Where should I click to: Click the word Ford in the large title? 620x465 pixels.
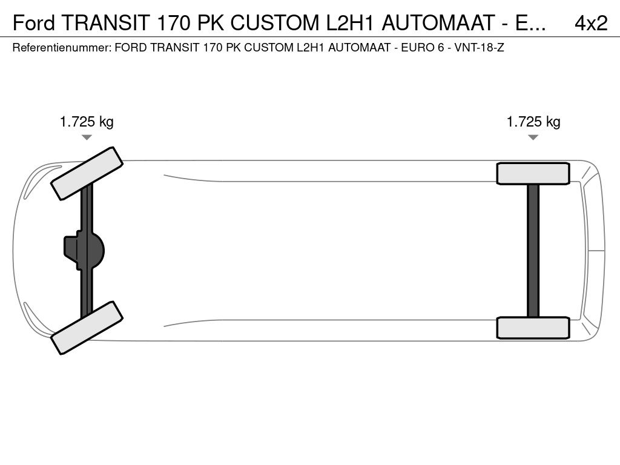point(34,22)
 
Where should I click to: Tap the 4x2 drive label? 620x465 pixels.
point(591,23)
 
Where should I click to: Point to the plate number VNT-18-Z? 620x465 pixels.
point(480,48)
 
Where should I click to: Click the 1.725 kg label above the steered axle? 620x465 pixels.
point(87,121)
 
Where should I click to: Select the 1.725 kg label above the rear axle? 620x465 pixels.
point(533,121)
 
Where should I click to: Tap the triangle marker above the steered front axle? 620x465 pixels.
point(87,137)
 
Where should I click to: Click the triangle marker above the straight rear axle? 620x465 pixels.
point(533,137)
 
